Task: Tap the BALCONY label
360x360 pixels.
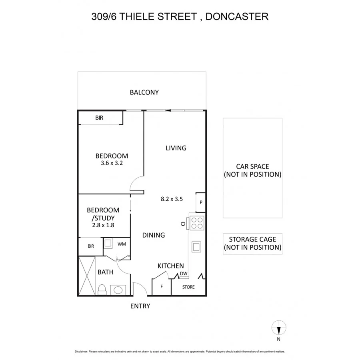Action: pos(144,92)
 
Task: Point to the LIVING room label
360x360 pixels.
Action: pos(176,148)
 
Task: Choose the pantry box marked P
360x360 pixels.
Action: pos(201,202)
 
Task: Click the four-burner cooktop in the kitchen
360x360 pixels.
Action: pos(197,222)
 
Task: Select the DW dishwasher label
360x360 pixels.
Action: pos(183,274)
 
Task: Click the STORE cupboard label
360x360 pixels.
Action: pos(188,287)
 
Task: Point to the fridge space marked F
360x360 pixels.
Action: pos(162,287)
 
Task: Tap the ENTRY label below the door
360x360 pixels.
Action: pos(140,306)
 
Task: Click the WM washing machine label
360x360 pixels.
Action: pos(122,244)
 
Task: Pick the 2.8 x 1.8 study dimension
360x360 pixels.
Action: pos(103,226)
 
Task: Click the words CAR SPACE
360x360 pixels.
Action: pos(252,167)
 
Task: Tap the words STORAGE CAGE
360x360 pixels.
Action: pos(252,239)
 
